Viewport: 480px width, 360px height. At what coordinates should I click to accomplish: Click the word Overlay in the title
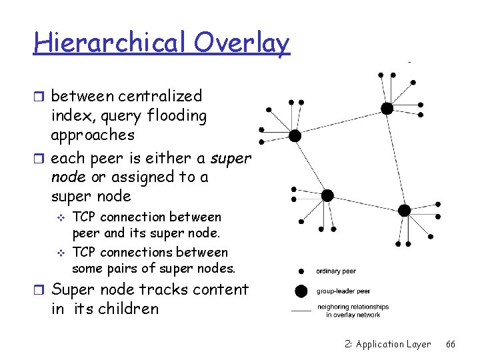[x=243, y=43]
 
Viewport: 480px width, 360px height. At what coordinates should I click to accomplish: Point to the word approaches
[x=93, y=135]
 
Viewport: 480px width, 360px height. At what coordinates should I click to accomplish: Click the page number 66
[x=451, y=344]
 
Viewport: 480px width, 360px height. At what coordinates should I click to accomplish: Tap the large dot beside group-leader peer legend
[x=301, y=291]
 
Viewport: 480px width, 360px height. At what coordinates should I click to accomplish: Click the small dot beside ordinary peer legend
[x=301, y=271]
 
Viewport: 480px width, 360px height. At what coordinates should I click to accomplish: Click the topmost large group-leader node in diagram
[x=387, y=108]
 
